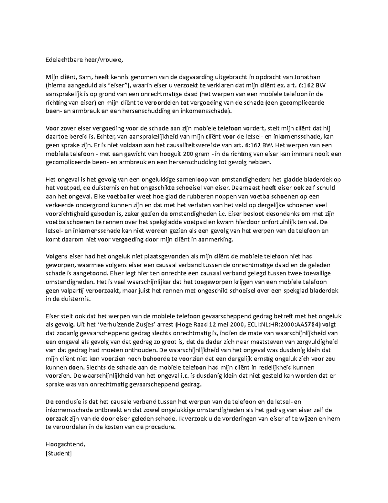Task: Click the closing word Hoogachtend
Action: pyautogui.click(x=66, y=444)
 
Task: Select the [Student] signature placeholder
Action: pyautogui.click(x=59, y=453)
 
